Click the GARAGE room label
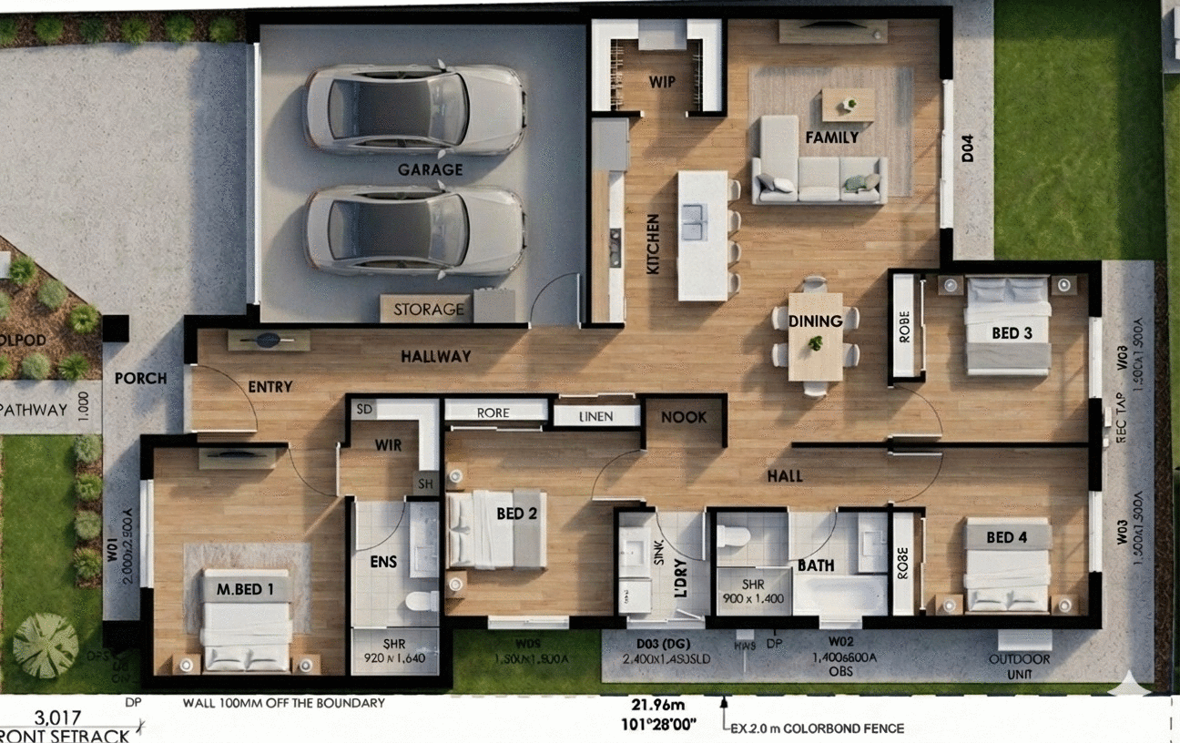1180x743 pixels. tap(430, 169)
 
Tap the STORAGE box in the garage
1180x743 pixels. tap(429, 310)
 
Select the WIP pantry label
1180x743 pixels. tap(662, 81)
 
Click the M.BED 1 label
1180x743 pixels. tap(245, 588)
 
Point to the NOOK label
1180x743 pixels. tap(684, 417)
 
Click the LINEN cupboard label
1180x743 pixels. tap(596, 417)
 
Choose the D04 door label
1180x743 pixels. tap(968, 148)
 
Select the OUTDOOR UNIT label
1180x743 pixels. tap(1019, 666)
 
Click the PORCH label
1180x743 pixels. tap(141, 378)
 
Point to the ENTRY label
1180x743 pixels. tap(270, 387)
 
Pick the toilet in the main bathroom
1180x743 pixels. tap(732, 536)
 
